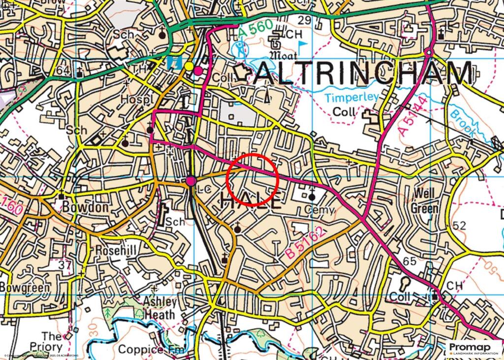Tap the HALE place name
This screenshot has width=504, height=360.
point(251,201)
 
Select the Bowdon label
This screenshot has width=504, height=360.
point(85,207)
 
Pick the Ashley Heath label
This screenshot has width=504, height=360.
point(159,308)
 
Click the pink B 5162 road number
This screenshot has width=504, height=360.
point(305,245)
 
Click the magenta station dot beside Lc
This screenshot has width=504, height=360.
point(191,181)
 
